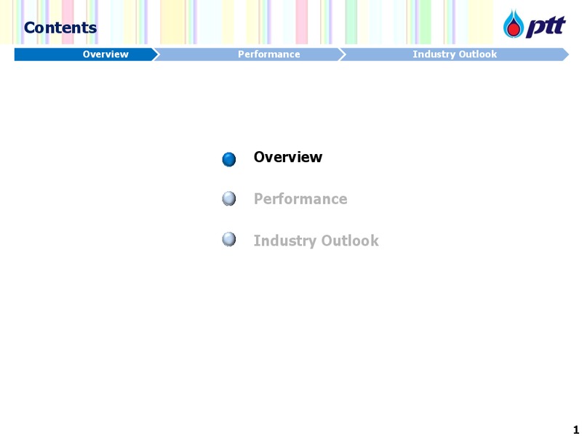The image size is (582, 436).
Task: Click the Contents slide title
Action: [60, 28]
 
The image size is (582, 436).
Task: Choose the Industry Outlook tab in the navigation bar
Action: [454, 54]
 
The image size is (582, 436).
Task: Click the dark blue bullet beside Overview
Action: [229, 159]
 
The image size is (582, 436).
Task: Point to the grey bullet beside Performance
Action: [229, 198]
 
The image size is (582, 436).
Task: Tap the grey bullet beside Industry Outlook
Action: [229, 239]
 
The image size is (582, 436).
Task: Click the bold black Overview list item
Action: [288, 157]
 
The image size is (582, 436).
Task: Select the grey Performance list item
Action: [300, 199]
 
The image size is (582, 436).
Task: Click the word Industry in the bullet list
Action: [285, 241]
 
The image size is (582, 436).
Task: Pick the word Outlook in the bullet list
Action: [350, 241]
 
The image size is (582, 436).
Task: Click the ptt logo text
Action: [546, 27]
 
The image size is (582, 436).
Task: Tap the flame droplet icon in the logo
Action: [514, 24]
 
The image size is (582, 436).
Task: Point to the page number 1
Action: [575, 429]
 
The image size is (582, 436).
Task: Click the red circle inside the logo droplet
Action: [514, 29]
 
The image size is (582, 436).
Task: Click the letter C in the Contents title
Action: [29, 28]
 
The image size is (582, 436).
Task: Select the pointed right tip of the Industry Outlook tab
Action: [569, 54]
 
